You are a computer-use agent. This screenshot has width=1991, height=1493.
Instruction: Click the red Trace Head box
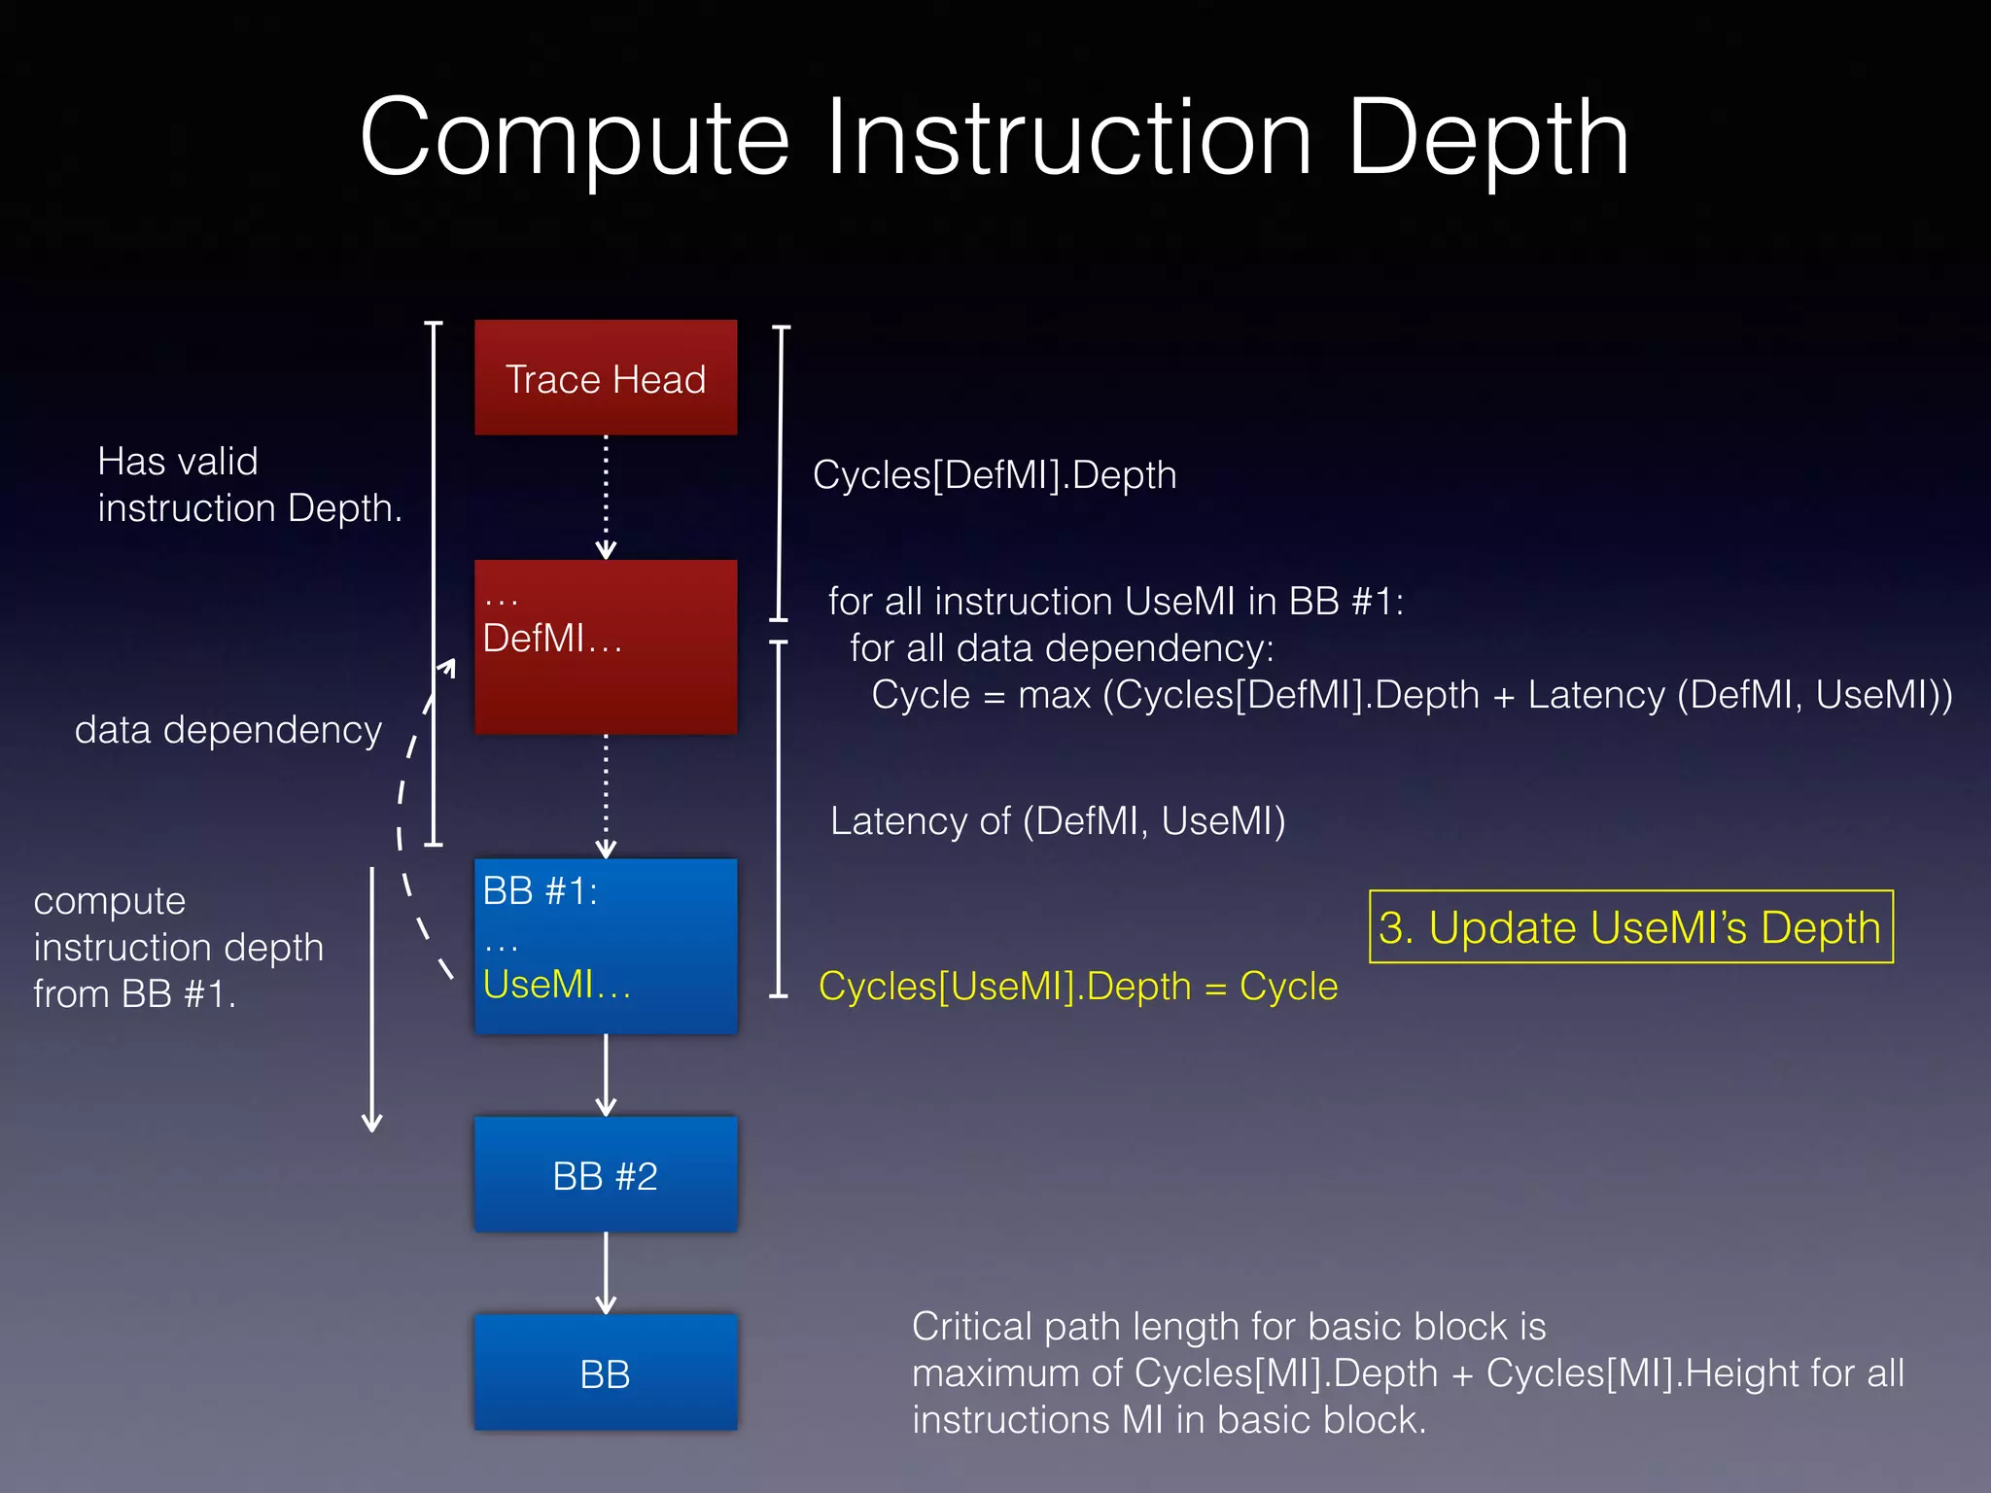[605, 377]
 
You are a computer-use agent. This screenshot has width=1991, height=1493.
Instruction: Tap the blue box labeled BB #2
[605, 1175]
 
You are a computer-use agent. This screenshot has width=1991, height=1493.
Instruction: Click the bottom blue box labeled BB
[605, 1372]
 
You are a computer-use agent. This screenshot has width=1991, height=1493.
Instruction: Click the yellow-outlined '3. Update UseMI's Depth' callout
[1630, 926]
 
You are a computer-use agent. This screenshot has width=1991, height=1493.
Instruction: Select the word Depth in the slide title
[1487, 138]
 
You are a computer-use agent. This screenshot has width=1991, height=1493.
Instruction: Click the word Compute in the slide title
[574, 138]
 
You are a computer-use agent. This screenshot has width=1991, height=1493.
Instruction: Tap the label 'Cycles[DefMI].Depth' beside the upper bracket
[994, 475]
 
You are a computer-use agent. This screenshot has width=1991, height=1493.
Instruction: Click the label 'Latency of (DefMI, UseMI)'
[1057, 821]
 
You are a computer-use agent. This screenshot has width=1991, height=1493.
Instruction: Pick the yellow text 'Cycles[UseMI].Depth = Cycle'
[1077, 987]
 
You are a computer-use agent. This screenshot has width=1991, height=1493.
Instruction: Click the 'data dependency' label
[228, 730]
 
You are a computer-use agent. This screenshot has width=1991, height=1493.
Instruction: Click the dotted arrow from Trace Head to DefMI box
[606, 496]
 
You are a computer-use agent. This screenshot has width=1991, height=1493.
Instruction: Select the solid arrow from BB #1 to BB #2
[606, 1074]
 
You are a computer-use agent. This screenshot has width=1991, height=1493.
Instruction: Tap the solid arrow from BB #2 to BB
[606, 1272]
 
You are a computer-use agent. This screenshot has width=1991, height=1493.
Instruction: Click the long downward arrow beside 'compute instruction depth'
[371, 1001]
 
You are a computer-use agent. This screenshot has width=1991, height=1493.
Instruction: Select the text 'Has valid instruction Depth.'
[249, 484]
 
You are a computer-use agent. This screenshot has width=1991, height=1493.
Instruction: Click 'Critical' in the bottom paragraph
[971, 1327]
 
